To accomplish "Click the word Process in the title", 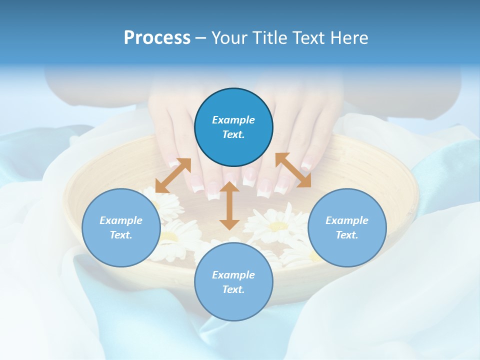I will (157, 38).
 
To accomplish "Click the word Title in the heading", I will (268, 38).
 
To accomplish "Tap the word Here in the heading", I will (348, 38).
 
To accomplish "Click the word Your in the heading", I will (230, 38).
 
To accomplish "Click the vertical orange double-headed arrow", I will (229, 205).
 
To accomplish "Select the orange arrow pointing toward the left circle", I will (173, 175).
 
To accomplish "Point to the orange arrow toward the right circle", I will (293, 170).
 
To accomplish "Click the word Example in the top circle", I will (233, 120).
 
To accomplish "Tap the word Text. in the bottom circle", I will (233, 289).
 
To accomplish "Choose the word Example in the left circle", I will (121, 220).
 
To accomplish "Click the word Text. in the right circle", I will (347, 235).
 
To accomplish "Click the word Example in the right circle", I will (347, 220).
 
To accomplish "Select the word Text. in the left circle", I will (121, 235).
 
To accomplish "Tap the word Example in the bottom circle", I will (233, 275).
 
